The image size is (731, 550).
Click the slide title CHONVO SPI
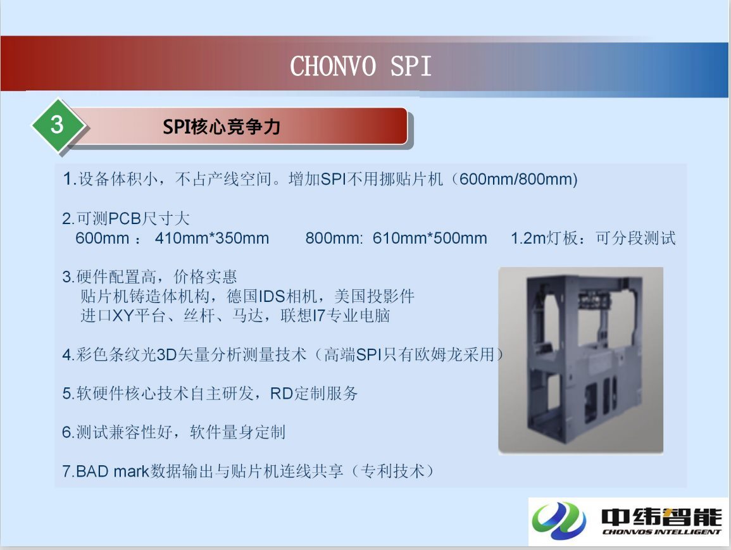click(x=360, y=66)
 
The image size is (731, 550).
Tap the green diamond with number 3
click(x=58, y=125)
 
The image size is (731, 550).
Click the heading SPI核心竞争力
click(x=222, y=127)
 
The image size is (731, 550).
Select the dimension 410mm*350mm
click(x=212, y=238)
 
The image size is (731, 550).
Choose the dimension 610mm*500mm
click(x=430, y=238)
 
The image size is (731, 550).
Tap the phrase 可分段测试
click(x=635, y=238)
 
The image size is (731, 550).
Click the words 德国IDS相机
click(x=272, y=296)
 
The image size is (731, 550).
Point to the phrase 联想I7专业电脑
click(x=335, y=316)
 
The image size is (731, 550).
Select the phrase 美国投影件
click(x=374, y=296)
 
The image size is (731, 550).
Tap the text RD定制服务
click(x=314, y=394)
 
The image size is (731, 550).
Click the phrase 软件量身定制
click(x=237, y=432)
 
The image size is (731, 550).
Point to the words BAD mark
click(x=113, y=472)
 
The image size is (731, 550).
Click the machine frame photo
click(x=581, y=360)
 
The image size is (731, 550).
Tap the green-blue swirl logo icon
click(x=559, y=521)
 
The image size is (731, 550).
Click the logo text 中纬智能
click(x=661, y=517)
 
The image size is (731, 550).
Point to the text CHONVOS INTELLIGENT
click(x=661, y=532)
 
